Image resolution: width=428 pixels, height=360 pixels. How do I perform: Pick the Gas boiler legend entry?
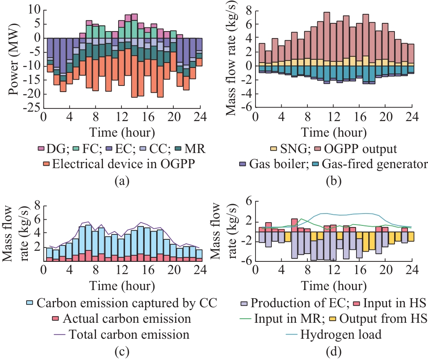273,164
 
